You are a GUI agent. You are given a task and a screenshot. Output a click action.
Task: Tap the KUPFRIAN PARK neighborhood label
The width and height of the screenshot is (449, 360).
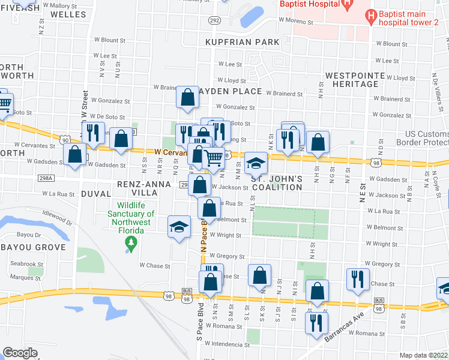[243, 42]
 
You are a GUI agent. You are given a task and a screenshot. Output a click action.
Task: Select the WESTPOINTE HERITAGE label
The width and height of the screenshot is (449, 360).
[360, 82]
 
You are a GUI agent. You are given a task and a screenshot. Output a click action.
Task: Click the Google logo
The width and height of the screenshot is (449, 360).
[20, 353]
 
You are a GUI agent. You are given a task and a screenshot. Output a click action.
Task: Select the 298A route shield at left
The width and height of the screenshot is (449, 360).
[45, 178]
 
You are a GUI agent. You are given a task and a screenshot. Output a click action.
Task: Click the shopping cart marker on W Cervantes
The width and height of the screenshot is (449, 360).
[214, 158]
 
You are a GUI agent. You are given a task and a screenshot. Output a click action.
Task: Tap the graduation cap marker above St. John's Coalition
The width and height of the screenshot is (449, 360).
[256, 163]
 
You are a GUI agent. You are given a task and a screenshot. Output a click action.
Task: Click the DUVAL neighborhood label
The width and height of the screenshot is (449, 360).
[95, 194]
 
